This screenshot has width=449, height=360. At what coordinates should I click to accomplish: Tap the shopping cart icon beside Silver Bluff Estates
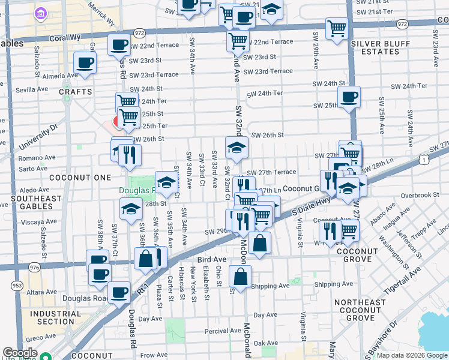pos(337,27)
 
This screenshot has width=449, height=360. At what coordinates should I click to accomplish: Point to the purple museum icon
pos(40,13)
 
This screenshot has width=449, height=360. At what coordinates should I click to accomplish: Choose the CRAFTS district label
pos(76,92)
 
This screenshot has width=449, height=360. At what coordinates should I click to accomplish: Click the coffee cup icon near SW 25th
pos(348,97)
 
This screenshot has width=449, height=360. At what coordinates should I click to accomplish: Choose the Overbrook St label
pos(421,195)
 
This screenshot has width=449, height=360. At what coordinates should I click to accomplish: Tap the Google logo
pos(20,353)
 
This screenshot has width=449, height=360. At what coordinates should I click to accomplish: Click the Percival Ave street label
pos(222,331)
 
